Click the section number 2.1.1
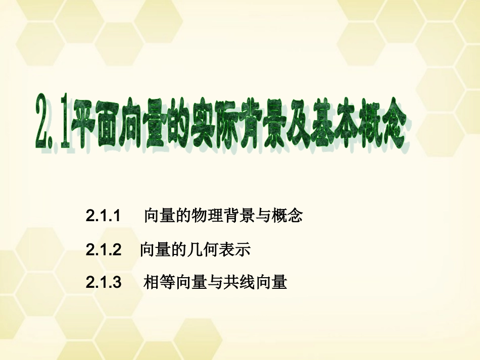[x=104, y=217]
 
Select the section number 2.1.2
[x=104, y=249]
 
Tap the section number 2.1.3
[x=104, y=282]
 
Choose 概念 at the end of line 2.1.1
[x=286, y=217]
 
